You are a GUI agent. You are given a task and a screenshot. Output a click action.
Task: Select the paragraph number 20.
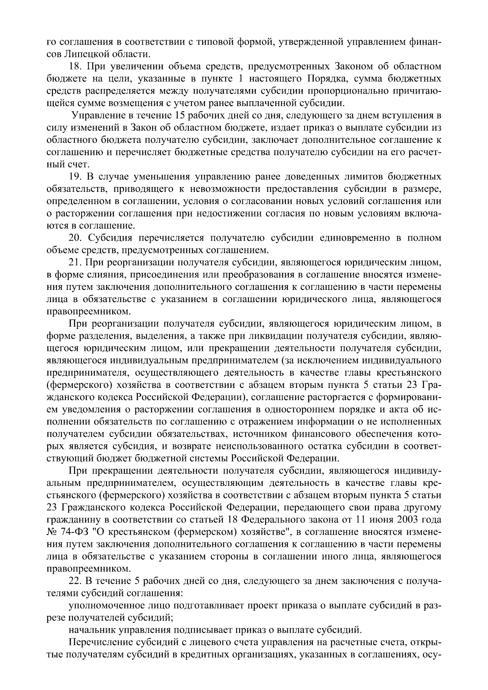coord(75,237)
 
